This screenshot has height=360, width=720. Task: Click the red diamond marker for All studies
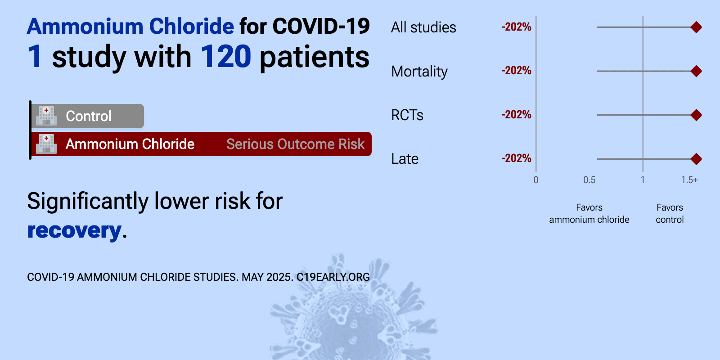[x=696, y=27]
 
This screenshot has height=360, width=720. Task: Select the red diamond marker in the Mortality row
[x=696, y=71]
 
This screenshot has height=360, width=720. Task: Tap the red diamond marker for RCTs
[x=696, y=115]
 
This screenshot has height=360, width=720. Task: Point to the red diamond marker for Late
[x=696, y=159]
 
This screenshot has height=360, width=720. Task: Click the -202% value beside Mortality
[x=516, y=71]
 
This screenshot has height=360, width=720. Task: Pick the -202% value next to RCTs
[x=516, y=115]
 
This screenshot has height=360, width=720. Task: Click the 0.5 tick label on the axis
[x=589, y=180]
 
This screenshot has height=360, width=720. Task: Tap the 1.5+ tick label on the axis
[x=689, y=180]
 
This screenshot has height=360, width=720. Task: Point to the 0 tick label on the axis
[x=536, y=180]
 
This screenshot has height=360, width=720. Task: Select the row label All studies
[x=423, y=27]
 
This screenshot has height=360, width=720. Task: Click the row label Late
[x=405, y=159]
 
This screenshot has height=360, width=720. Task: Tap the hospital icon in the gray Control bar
[x=46, y=116]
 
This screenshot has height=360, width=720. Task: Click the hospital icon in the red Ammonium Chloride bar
[x=46, y=144]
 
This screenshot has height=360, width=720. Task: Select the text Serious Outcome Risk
[x=295, y=144]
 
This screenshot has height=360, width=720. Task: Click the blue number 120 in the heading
[x=225, y=57]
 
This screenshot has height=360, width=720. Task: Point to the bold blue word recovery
[x=74, y=230]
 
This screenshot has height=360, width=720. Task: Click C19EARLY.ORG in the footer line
[x=333, y=277]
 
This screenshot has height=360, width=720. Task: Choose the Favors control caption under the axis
[x=670, y=213]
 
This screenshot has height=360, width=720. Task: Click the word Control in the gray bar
[x=88, y=116]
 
